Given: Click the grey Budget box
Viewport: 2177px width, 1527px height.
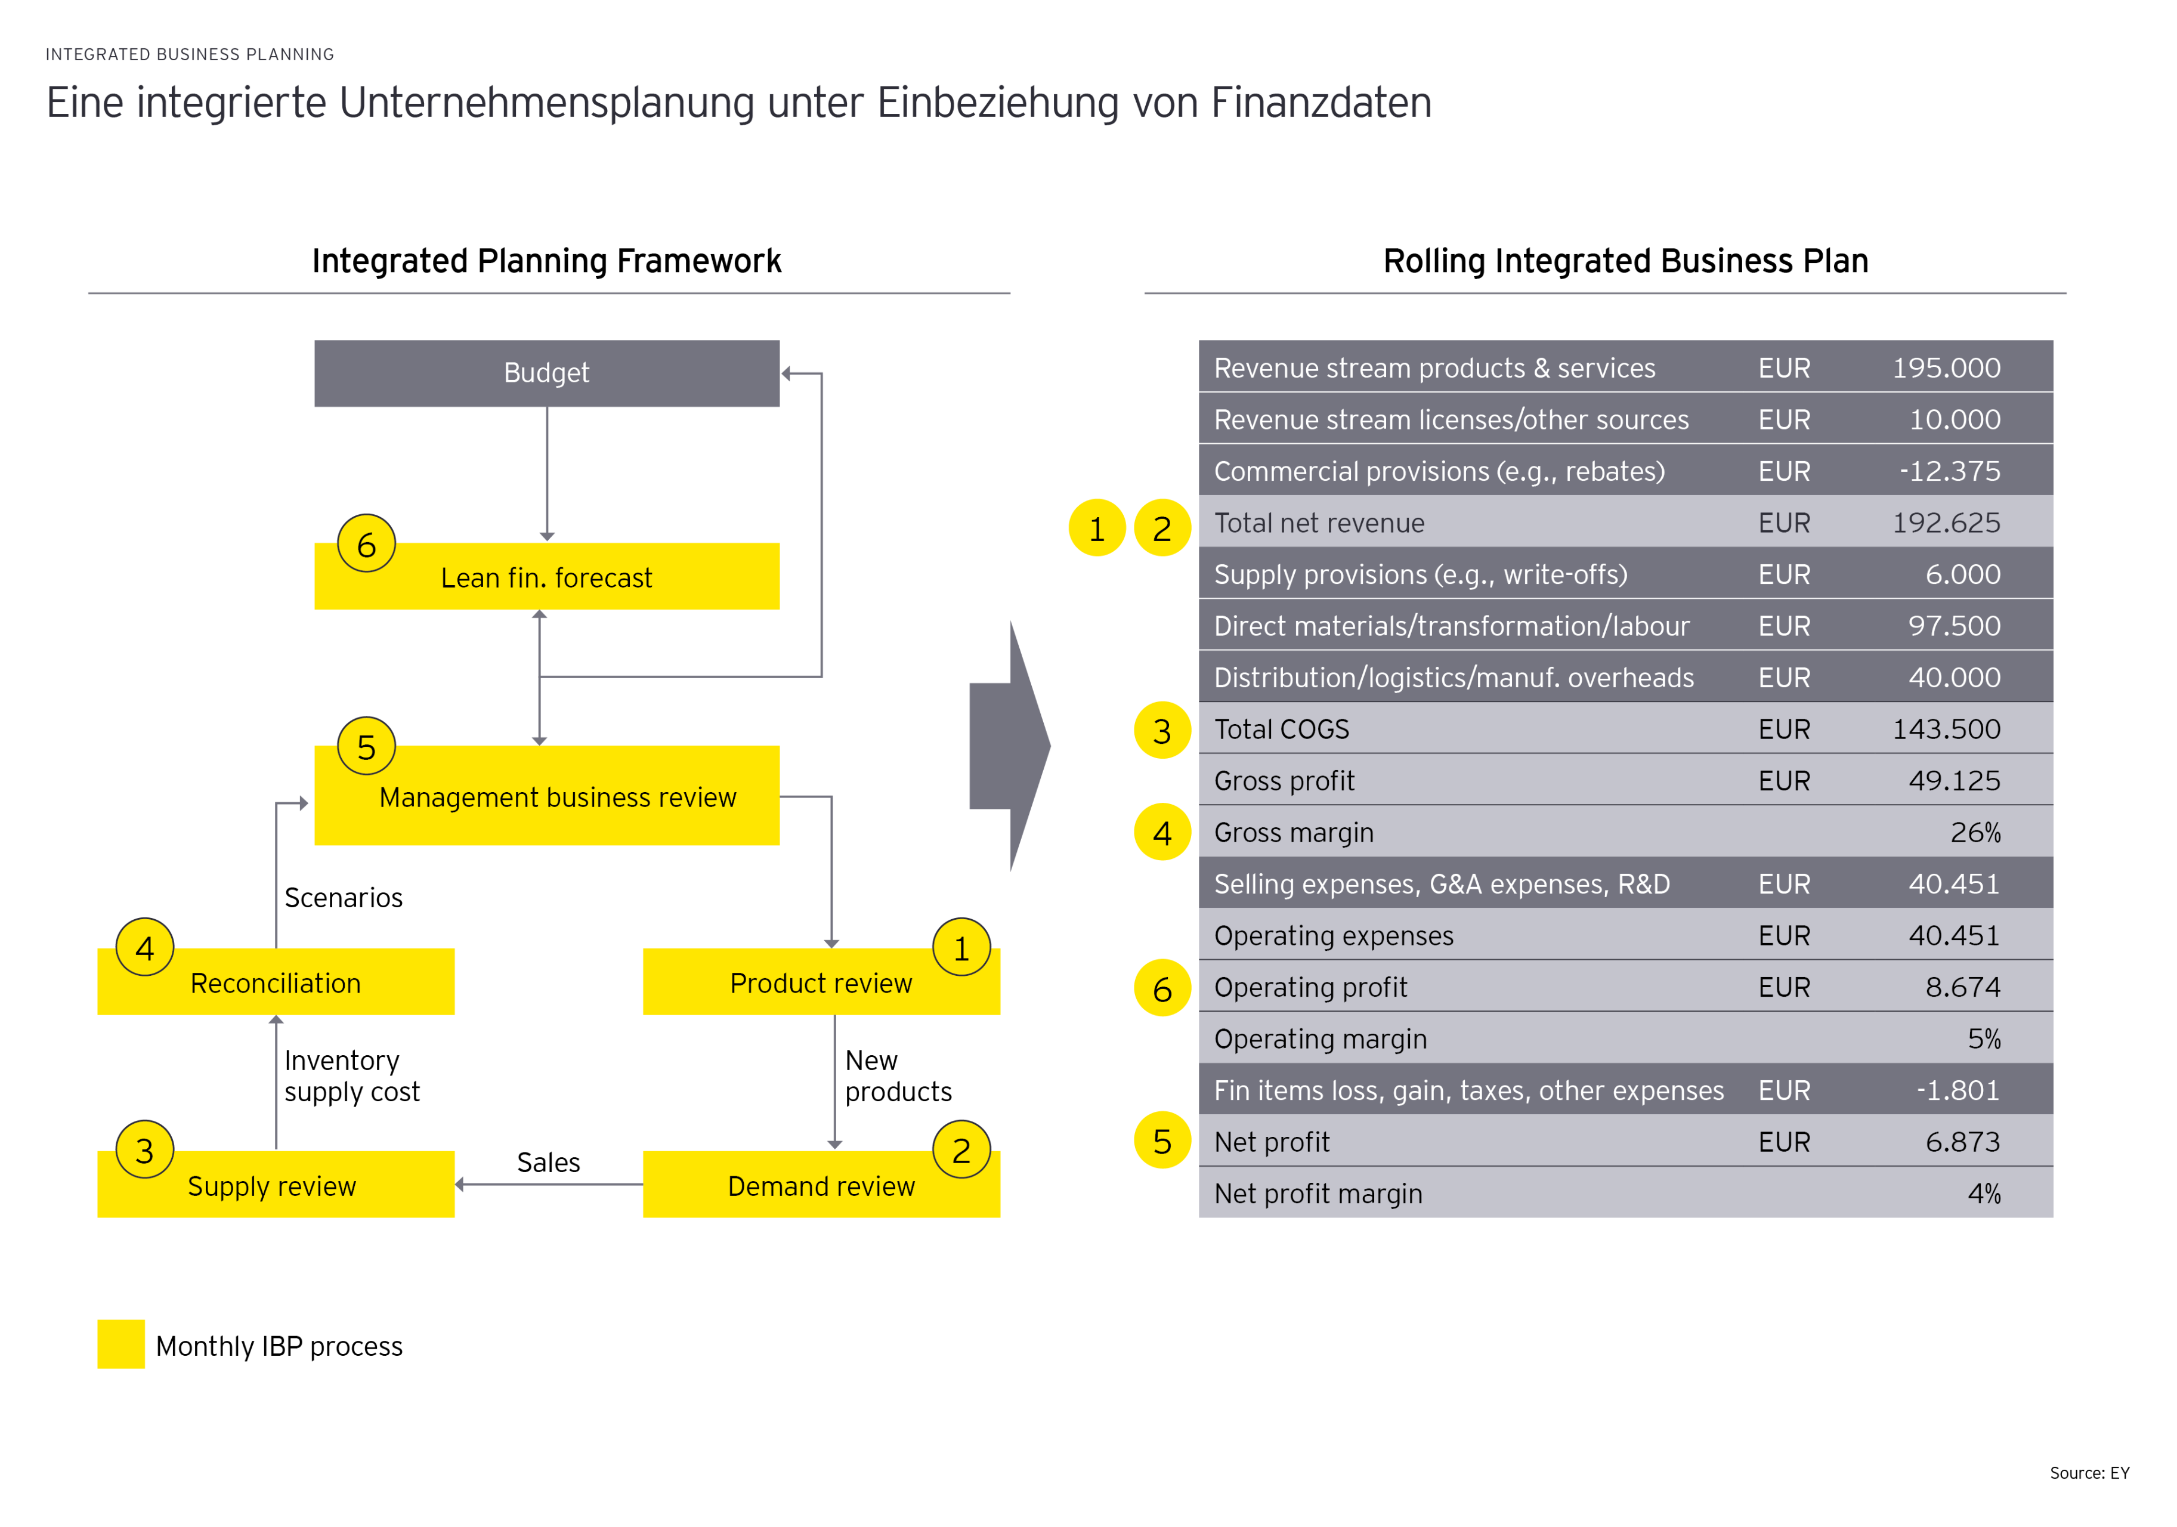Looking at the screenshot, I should pyautogui.click(x=546, y=373).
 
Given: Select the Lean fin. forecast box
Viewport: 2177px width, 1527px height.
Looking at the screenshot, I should pyautogui.click(x=546, y=577).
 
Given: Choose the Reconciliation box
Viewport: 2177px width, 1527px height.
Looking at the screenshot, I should pyautogui.click(x=276, y=982).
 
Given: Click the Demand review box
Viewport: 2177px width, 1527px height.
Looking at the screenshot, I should pyautogui.click(x=821, y=1186).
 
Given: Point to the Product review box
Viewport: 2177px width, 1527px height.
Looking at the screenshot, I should pyautogui.click(x=821, y=982).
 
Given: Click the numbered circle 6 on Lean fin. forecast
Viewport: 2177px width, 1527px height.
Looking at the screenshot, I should pyautogui.click(x=367, y=545).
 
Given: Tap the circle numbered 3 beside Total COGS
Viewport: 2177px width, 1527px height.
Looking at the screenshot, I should pyautogui.click(x=1162, y=730).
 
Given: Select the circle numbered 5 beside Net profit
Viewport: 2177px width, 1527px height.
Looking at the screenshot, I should pyautogui.click(x=1162, y=1141).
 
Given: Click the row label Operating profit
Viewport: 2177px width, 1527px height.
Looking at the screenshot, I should pyautogui.click(x=1310, y=987).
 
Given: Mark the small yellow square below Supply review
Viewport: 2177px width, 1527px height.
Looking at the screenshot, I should pyautogui.click(x=121, y=1343).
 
